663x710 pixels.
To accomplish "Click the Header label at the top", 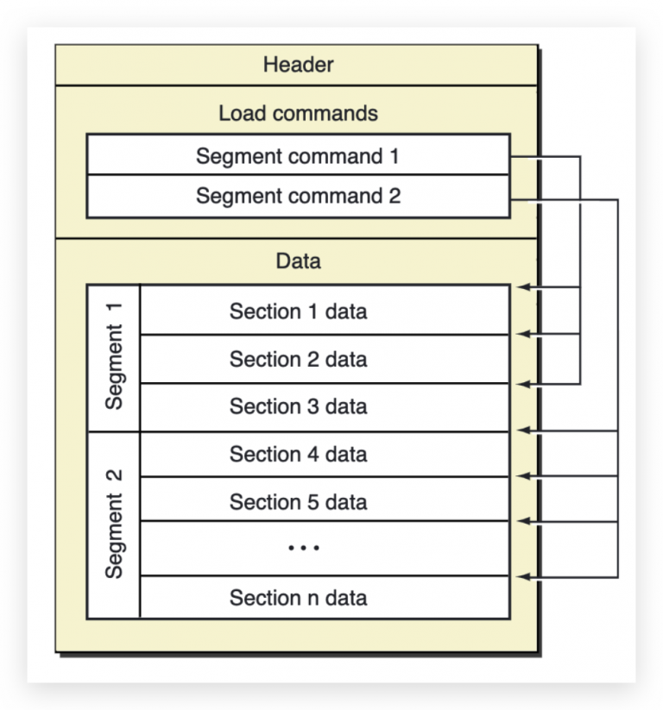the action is click(298, 65).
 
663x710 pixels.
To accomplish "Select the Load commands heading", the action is click(298, 113).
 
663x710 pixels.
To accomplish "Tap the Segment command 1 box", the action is click(298, 154).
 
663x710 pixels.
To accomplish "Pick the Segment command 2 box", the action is click(298, 197).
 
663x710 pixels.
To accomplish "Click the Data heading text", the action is click(298, 261).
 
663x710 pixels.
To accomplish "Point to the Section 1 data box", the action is click(325, 311).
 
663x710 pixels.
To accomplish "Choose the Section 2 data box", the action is click(325, 359).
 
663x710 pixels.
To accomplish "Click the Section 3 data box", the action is click(325, 407).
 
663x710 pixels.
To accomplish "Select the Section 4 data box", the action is click(325, 454).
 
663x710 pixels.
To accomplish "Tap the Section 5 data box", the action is click(325, 499).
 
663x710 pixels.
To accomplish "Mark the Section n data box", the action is click(325, 597).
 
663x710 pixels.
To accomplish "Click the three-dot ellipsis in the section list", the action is click(304, 548).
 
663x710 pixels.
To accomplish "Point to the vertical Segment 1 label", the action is click(114, 356).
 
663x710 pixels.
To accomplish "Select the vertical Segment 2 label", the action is click(114, 524).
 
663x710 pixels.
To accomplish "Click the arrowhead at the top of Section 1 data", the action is click(523, 287).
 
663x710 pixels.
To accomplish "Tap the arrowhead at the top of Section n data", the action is click(523, 577).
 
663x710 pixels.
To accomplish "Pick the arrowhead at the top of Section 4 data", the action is click(523, 430).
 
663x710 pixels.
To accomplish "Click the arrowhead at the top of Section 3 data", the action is click(523, 384).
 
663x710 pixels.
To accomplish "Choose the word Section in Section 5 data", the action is click(265, 502).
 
